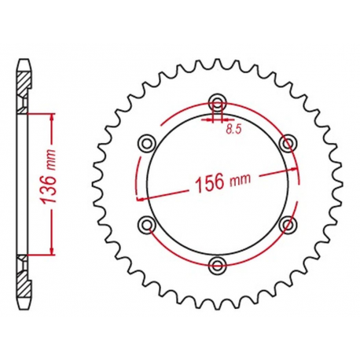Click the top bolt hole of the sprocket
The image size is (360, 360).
coord(218,101)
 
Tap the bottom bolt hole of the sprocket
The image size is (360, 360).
coord(218,263)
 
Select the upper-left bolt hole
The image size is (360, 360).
coord(146,142)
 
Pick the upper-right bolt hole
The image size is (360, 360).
coord(289,142)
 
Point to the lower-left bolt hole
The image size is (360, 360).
coord(146,224)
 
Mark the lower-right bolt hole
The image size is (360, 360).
coord(289,224)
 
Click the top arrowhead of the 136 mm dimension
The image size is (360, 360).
coord(53,116)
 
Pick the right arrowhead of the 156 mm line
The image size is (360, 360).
coord(295,168)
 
